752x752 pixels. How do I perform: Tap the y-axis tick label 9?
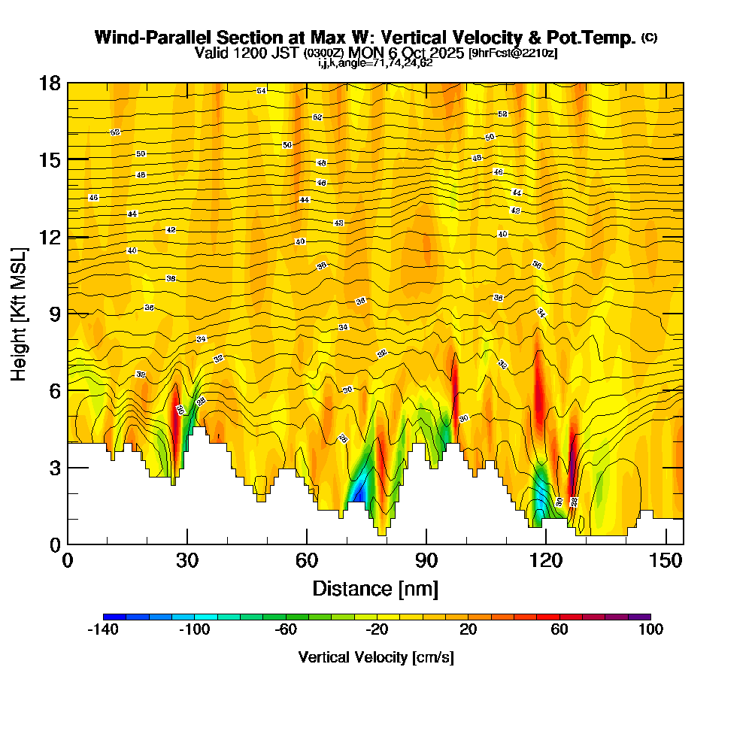[x=54, y=313]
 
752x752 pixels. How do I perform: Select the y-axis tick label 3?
[x=54, y=467]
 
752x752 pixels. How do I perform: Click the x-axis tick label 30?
[x=187, y=561]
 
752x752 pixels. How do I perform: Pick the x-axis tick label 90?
[x=426, y=561]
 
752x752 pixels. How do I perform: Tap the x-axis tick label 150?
[x=666, y=561]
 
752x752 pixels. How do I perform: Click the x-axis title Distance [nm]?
[x=375, y=588]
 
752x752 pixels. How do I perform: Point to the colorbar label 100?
[x=650, y=630]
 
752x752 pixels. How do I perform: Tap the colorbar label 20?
[x=468, y=630]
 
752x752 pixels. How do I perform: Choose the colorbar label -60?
[x=286, y=630]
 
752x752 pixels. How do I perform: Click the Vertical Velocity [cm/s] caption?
[x=376, y=657]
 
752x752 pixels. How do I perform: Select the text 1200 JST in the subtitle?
[x=268, y=53]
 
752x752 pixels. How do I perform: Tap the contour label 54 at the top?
[x=261, y=91]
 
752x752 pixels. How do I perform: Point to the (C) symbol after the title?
[x=649, y=38]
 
